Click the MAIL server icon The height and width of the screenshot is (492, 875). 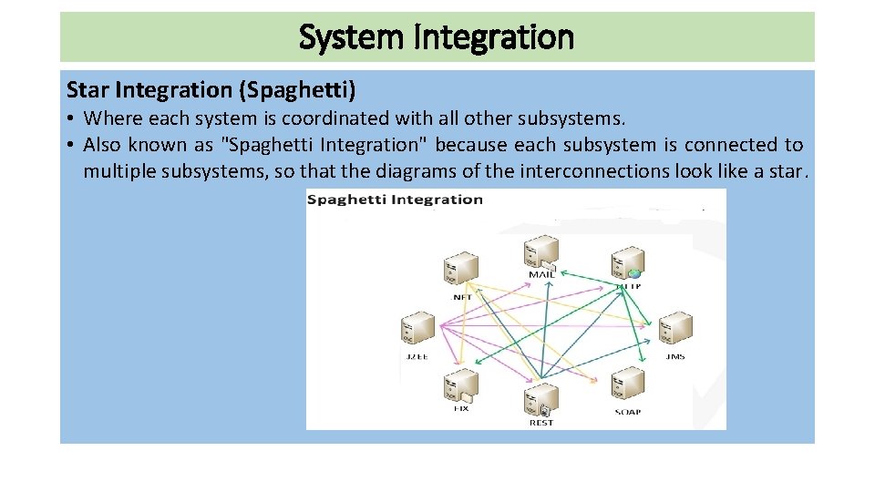tap(541, 251)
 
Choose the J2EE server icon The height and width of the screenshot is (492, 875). tap(417, 329)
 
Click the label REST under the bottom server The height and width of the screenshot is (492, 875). tap(541, 423)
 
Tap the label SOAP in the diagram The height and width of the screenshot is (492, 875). tap(627, 412)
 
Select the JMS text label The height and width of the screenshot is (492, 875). tap(675, 356)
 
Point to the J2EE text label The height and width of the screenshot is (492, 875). tap(417, 356)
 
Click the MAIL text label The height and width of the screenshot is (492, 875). tap(541, 274)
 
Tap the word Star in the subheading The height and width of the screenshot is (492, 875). tap(87, 89)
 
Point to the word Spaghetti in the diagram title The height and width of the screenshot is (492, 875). tap(344, 200)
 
